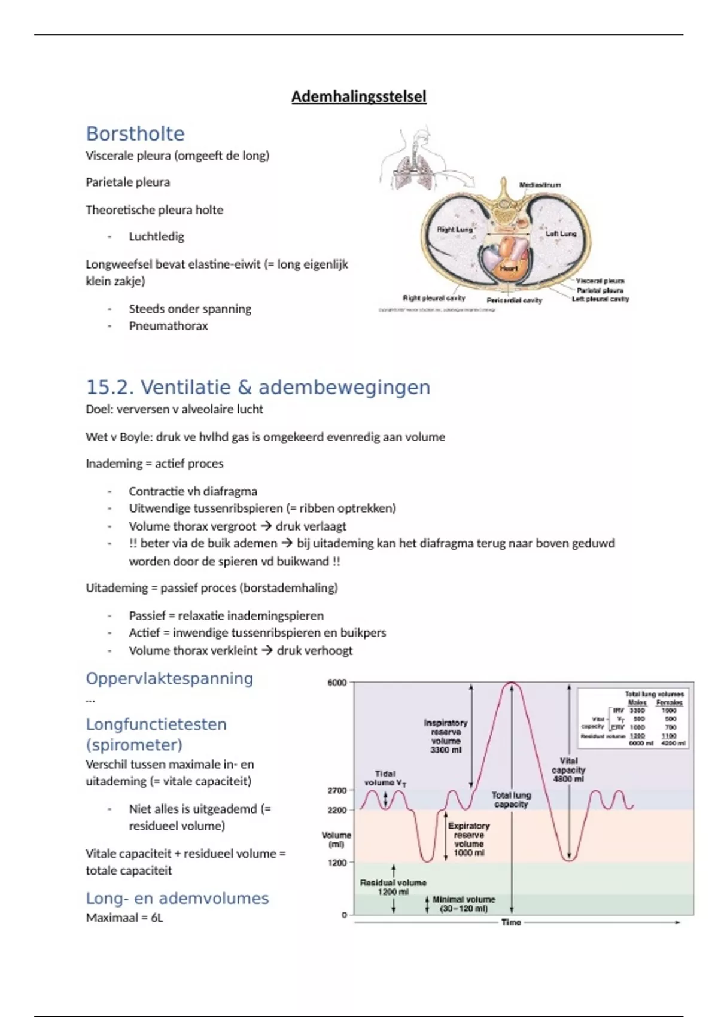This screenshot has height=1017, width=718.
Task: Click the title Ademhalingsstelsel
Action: (358, 96)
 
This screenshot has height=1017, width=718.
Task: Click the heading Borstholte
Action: (135, 133)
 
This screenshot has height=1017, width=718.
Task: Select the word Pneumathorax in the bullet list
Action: (168, 326)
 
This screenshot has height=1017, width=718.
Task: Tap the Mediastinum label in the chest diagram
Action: (540, 185)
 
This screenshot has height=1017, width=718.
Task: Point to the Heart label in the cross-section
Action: (509, 269)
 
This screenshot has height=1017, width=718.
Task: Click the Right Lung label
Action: (455, 229)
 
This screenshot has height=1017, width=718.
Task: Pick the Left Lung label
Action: (561, 233)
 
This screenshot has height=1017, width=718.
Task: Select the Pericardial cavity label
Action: (514, 300)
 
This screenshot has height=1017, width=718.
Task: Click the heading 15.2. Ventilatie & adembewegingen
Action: (258, 387)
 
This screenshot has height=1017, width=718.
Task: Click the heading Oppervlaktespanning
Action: (169, 678)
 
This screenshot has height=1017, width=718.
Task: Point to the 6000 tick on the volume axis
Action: (337, 683)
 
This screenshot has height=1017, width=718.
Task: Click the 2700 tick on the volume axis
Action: (337, 790)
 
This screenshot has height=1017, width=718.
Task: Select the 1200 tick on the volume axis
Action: (337, 863)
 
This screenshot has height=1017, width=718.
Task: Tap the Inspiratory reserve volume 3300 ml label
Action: (446, 736)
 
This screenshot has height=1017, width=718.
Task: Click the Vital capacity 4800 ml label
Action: (568, 770)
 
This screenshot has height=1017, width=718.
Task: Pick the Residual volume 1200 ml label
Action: (393, 887)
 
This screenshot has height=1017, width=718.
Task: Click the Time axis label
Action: (511, 922)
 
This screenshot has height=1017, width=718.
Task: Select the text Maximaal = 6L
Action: (124, 918)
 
